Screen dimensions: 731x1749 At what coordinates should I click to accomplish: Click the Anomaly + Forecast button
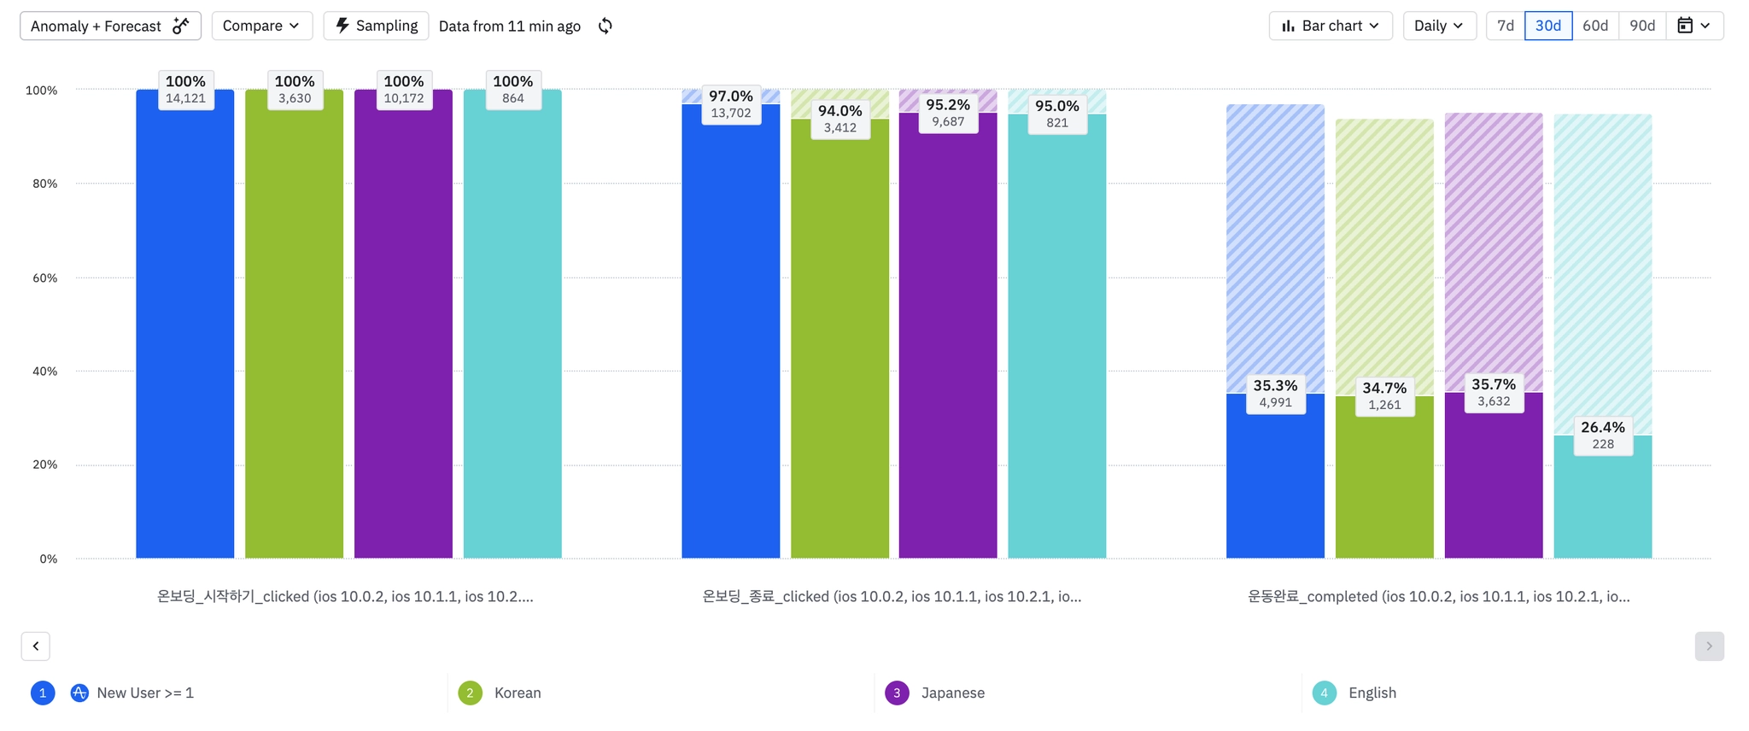[x=110, y=26]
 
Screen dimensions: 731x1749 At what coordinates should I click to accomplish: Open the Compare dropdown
[x=261, y=26]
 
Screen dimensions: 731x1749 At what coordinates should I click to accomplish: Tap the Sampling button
[x=376, y=26]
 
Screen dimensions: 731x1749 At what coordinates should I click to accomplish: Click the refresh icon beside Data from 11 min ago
[x=605, y=26]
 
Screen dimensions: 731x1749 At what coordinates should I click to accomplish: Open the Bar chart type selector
[x=1330, y=26]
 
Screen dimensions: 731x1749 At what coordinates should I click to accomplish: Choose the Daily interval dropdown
[x=1439, y=26]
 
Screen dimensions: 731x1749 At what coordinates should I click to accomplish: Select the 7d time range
[x=1506, y=26]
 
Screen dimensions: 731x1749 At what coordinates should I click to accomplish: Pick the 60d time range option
[x=1594, y=26]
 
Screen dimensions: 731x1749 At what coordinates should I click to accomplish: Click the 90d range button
[x=1642, y=26]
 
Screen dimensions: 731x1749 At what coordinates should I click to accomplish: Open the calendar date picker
[x=1693, y=26]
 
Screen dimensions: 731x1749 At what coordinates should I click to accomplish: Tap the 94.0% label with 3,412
[x=839, y=119]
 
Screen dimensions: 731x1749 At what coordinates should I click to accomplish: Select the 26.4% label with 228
[x=1602, y=435]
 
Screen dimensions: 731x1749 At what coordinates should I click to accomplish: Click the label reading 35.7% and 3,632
[x=1494, y=392]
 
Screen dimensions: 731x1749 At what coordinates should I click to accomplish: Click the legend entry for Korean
[x=517, y=693]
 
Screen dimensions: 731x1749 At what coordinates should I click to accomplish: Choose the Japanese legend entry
[x=952, y=693]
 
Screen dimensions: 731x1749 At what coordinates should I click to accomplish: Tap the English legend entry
[x=1372, y=693]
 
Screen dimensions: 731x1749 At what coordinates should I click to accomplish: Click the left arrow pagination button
[x=36, y=646]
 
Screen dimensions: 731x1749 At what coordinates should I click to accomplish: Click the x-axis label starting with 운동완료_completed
[x=1438, y=596]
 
